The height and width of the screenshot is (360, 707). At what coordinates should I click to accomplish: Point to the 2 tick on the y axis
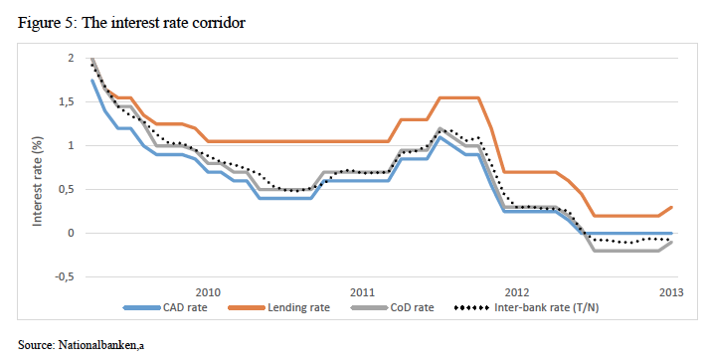coord(71,59)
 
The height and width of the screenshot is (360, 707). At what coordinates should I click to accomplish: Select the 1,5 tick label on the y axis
coord(66,102)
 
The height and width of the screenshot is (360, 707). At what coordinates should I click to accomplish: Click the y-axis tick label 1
coord(71,146)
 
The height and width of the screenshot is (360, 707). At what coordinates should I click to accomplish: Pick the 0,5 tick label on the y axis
coord(66,189)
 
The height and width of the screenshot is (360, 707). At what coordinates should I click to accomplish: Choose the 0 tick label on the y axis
coord(71,233)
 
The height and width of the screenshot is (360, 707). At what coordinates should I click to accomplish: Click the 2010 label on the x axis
coord(207,292)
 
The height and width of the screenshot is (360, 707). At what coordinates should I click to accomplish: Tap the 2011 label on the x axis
coord(362,292)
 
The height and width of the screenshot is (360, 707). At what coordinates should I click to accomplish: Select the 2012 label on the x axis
coord(516,292)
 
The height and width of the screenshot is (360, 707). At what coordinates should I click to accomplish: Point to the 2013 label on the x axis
coord(671,292)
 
